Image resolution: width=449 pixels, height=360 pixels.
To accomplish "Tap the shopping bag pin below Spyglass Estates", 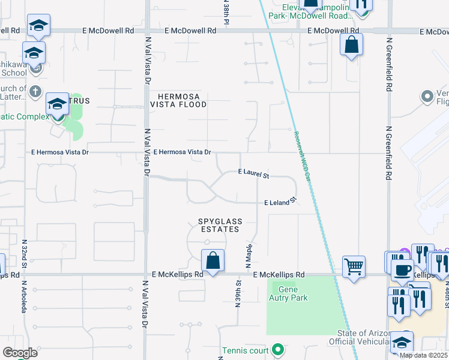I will click(x=212, y=260).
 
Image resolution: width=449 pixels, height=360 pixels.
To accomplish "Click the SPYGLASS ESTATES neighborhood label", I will click(x=219, y=225).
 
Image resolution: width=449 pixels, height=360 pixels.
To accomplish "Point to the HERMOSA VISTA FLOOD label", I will click(x=182, y=100).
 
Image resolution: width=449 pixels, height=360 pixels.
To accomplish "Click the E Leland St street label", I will click(x=280, y=202).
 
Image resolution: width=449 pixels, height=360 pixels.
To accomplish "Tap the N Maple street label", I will click(x=247, y=256).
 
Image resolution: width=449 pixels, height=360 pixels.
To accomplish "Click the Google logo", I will click(x=20, y=353).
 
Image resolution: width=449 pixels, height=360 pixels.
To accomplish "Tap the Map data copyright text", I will click(x=424, y=355).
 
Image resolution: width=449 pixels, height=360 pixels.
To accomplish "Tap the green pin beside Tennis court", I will click(x=277, y=349).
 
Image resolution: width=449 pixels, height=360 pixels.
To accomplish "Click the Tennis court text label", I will click(x=246, y=350).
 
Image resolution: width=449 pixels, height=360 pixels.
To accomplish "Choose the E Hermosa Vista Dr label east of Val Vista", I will click(x=182, y=152).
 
